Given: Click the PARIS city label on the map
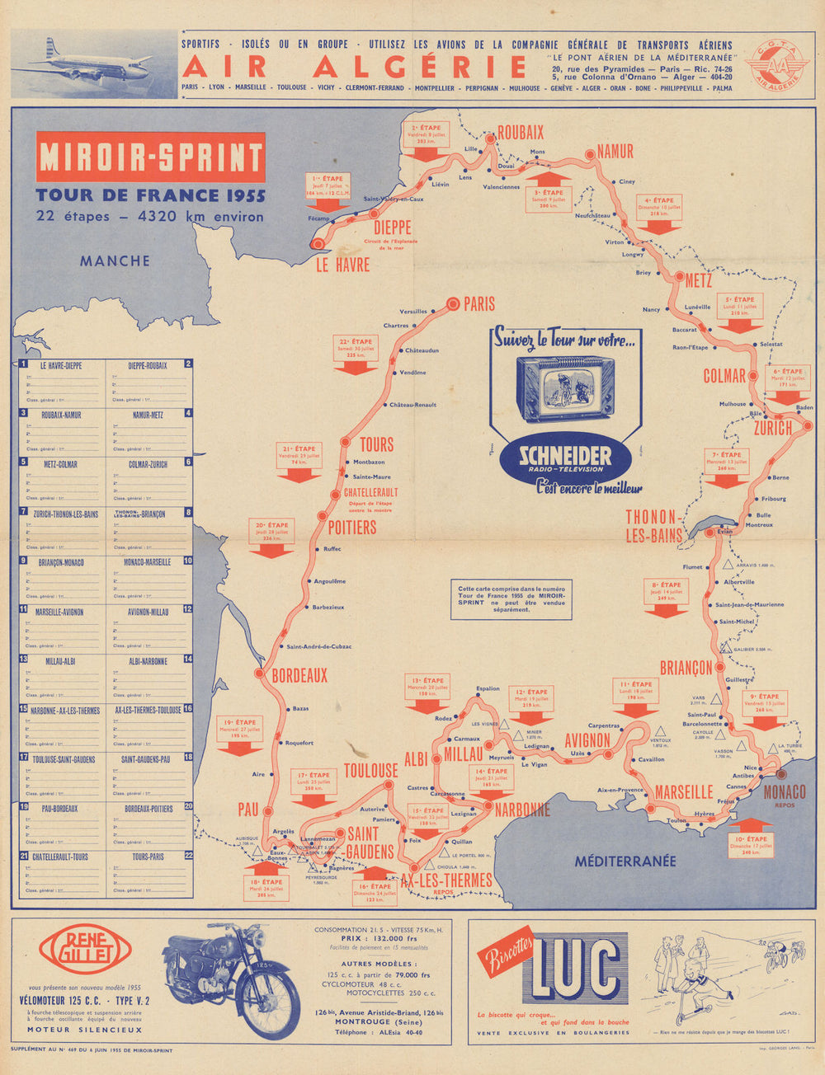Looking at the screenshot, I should click(478, 304).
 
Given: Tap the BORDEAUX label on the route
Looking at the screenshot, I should click(299, 675).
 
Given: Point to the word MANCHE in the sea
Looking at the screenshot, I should click(115, 261).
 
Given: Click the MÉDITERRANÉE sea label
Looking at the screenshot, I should click(625, 861).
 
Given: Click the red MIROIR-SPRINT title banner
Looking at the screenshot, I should click(150, 157).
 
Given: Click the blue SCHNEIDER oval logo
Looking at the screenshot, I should click(565, 458).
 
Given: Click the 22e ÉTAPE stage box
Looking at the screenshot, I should click(356, 347).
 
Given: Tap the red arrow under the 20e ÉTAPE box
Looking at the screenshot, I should click(271, 549).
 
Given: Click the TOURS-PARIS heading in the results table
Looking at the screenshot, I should click(147, 857).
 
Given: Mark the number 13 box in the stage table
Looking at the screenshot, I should click(24, 660).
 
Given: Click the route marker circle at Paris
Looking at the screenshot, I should click(452, 303).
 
